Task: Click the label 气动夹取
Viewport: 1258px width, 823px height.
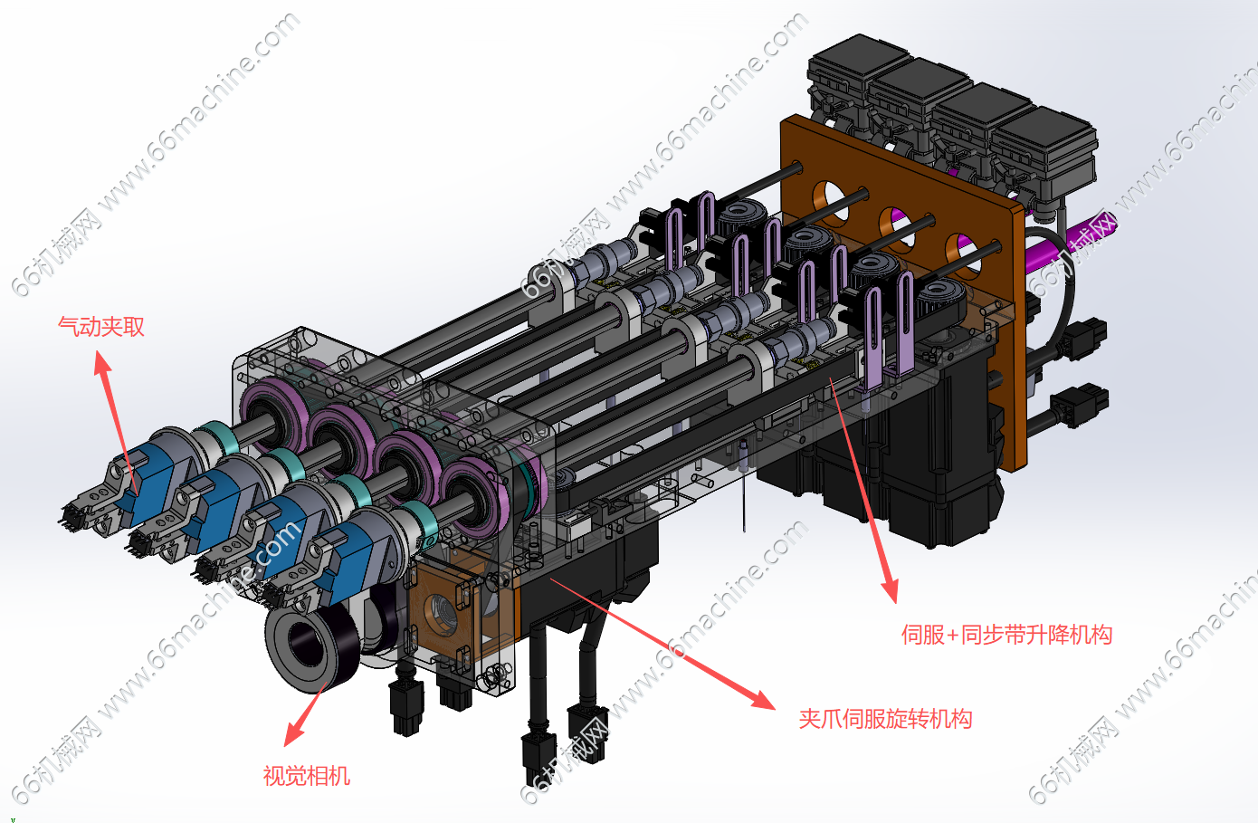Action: point(101,326)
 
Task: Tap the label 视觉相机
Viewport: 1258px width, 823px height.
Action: point(307,776)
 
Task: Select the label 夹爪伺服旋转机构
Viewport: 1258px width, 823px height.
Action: point(885,719)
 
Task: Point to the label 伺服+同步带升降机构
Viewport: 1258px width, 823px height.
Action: point(1007,635)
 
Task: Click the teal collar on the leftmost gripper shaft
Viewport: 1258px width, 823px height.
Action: point(217,437)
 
